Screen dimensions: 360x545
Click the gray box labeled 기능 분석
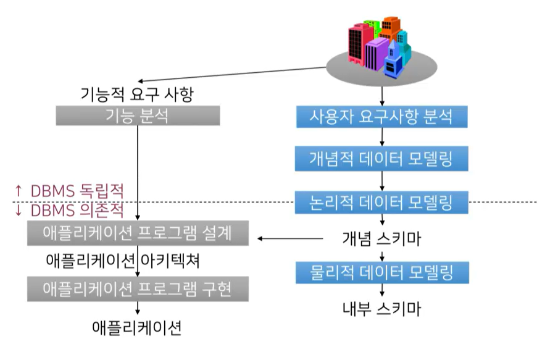coord(138,115)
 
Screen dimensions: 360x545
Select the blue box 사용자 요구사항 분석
coord(381,116)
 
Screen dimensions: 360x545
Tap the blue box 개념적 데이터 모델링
coord(381,159)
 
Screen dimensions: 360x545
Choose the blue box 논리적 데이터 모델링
coord(381,201)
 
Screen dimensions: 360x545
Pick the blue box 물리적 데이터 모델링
coord(381,272)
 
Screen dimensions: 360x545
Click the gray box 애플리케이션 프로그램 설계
coord(138,233)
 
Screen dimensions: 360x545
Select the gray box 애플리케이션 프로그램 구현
coord(138,288)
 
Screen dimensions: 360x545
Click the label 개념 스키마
coord(381,238)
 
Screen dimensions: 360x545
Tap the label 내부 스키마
coord(381,308)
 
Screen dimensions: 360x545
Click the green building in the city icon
coord(370,26)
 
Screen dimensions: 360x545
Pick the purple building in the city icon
coord(376,52)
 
